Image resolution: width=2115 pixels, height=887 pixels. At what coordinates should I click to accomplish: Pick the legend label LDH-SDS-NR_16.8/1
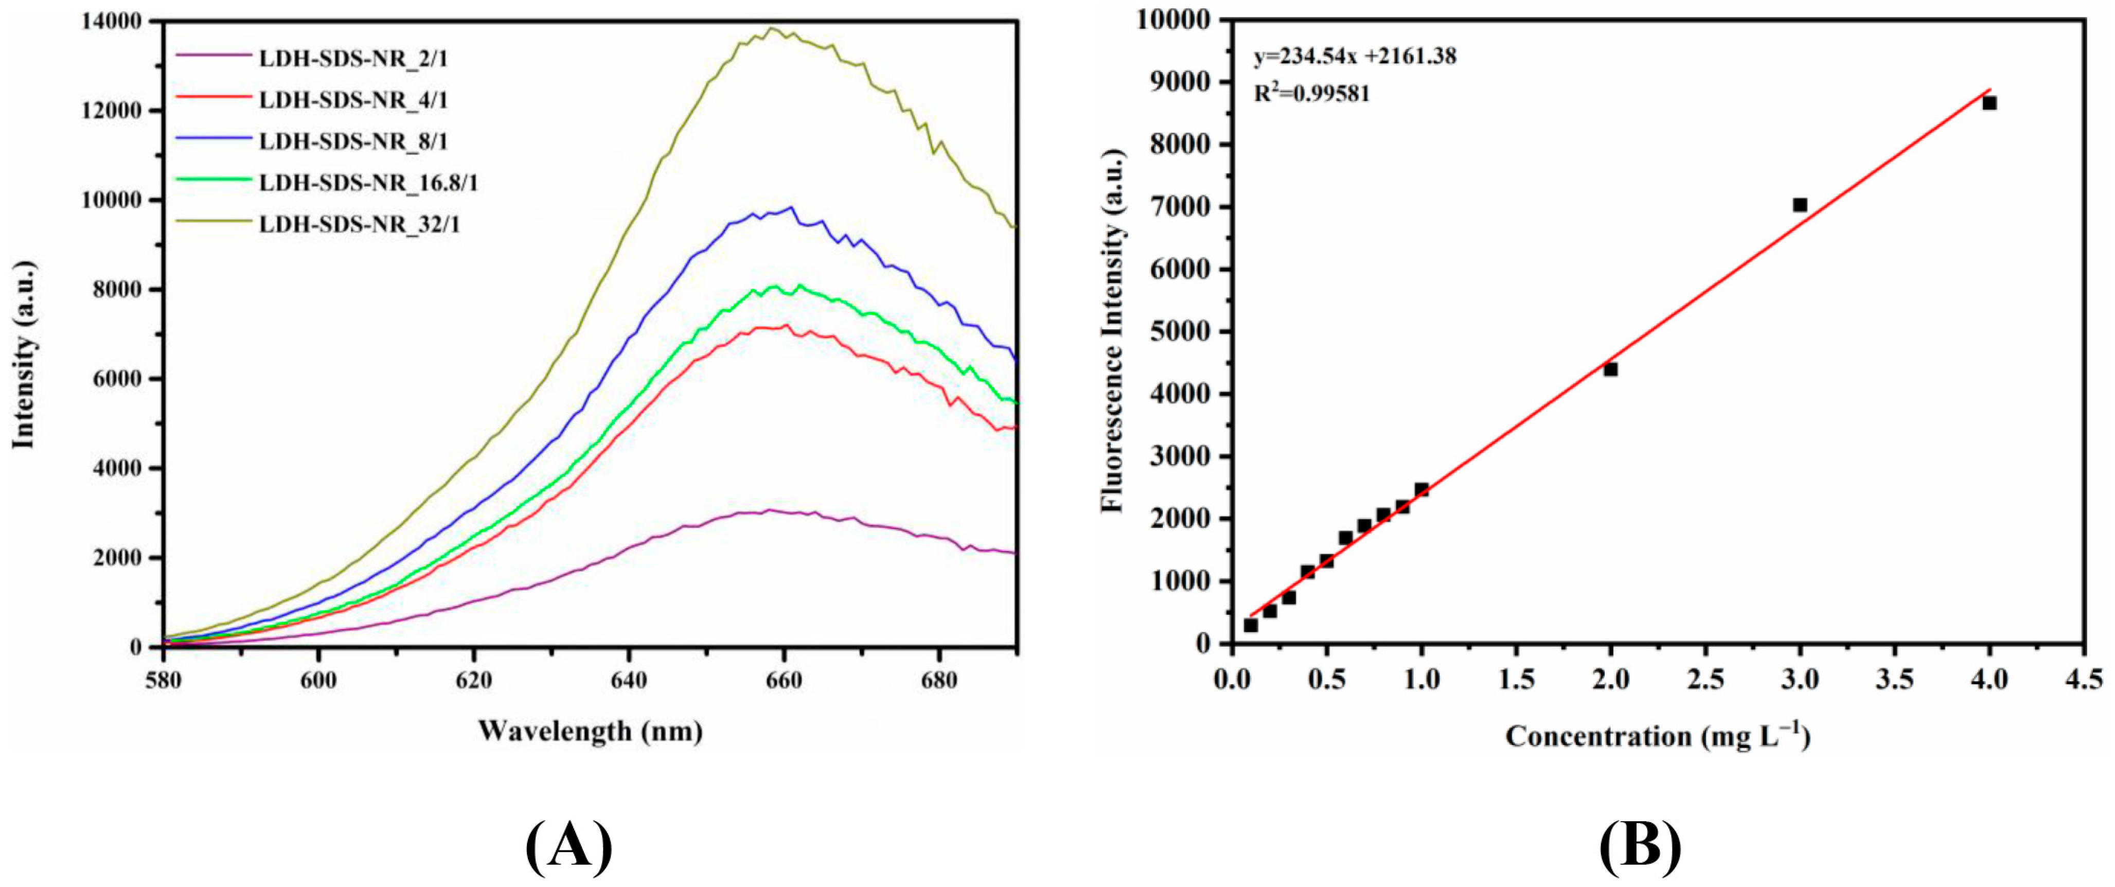(x=368, y=182)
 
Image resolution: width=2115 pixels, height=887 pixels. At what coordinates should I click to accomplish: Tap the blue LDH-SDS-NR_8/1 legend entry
(x=353, y=141)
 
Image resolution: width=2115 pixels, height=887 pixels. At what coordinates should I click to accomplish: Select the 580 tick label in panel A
(x=164, y=680)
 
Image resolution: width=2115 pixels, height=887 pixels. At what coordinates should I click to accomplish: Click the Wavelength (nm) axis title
(x=590, y=730)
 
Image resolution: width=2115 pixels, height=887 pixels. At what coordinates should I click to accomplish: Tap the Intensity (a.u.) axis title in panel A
(x=25, y=355)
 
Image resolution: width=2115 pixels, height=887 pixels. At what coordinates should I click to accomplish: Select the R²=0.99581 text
(x=1311, y=93)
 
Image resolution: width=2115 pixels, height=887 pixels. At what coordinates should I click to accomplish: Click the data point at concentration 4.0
(x=1989, y=103)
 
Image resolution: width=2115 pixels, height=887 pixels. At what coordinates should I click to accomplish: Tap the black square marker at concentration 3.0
(x=1800, y=204)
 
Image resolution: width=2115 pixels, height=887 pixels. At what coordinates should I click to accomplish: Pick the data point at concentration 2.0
(x=1610, y=369)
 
